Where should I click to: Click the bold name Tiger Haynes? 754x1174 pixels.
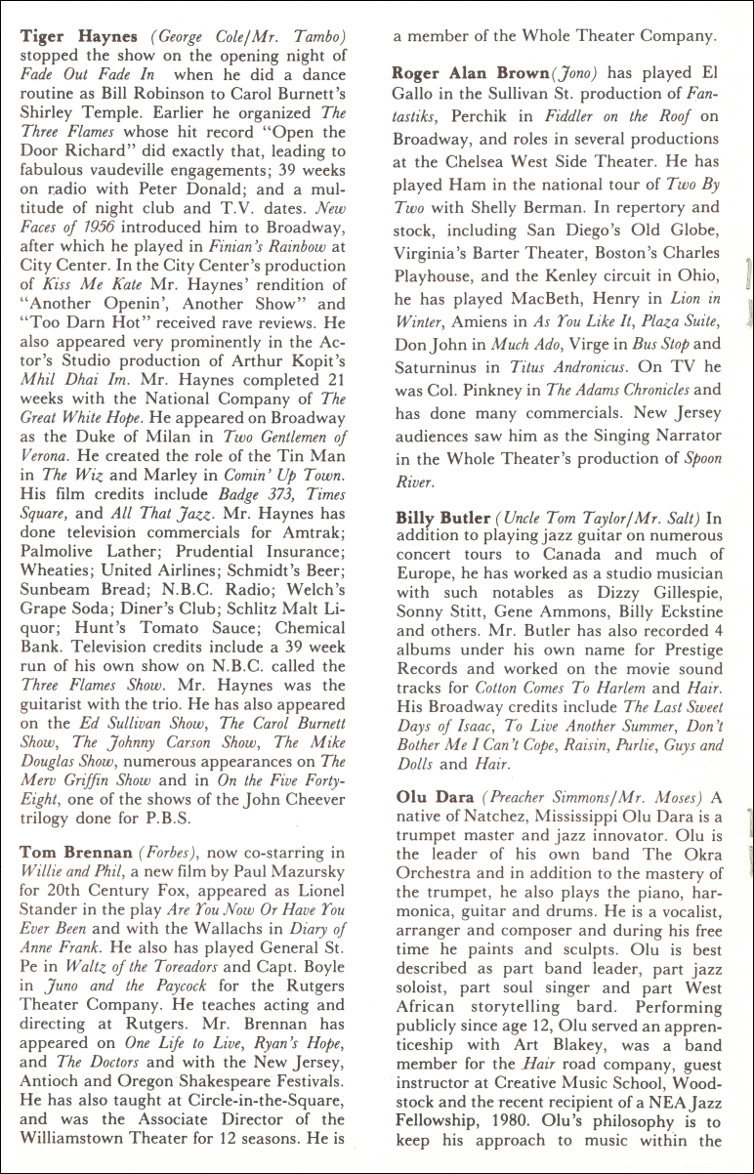click(x=79, y=36)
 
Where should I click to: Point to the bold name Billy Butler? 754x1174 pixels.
click(x=441, y=517)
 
